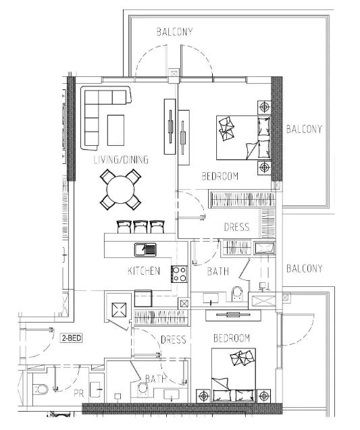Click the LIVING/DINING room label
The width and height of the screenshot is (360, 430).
tap(120, 160)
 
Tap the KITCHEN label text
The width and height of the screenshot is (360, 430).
tap(144, 271)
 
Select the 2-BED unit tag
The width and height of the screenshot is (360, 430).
tap(71, 338)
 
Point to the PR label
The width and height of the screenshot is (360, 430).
tap(78, 392)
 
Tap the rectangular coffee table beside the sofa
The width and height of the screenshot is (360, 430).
tap(115, 130)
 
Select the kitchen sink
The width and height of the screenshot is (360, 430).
tap(145, 249)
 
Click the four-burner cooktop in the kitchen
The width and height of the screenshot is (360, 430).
tap(180, 274)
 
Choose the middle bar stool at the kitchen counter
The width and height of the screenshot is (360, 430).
tap(141, 227)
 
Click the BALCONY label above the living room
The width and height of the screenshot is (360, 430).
tap(175, 32)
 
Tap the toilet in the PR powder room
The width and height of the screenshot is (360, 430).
tap(40, 388)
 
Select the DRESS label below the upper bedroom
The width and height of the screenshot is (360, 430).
tap(236, 227)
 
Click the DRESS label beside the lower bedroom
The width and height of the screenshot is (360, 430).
tap(174, 340)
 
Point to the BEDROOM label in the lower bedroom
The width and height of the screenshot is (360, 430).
tap(232, 338)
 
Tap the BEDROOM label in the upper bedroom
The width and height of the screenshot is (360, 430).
tap(220, 177)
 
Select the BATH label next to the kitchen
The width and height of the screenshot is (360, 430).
tap(217, 271)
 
